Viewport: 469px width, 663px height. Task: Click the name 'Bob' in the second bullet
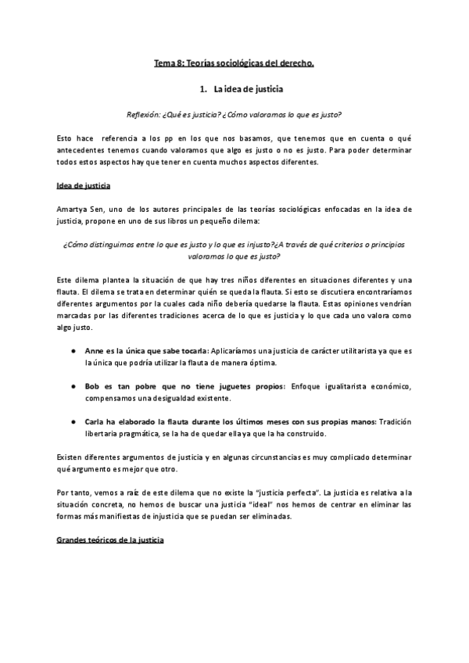click(94, 386)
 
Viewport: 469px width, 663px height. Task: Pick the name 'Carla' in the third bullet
click(97, 421)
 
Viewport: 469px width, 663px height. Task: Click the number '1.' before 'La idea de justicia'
click(203, 90)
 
